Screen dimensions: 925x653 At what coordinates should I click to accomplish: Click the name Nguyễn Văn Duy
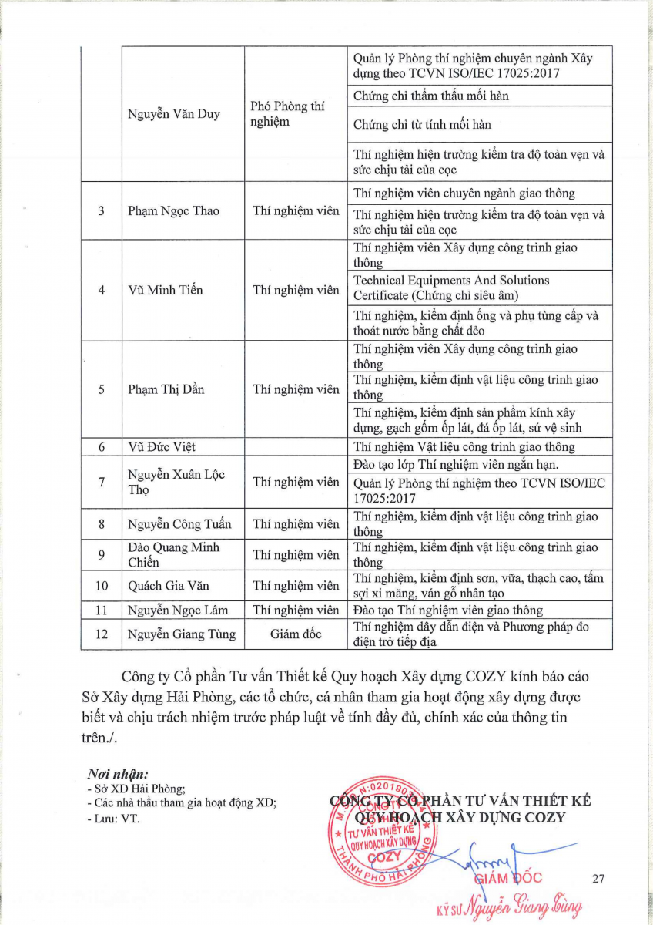[174, 114]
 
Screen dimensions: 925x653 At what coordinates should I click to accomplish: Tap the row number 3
[102, 211]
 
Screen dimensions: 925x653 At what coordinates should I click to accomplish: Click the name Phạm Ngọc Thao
[173, 211]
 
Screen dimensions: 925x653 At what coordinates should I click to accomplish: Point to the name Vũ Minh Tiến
[165, 291]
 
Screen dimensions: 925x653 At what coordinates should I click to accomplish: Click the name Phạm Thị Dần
[166, 389]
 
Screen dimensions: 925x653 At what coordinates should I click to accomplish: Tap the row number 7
[102, 483]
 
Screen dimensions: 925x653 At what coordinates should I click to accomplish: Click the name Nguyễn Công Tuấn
[179, 524]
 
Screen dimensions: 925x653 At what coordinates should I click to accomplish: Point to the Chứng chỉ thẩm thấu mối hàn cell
[430, 96]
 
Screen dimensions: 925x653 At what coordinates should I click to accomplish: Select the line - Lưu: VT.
[113, 818]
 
